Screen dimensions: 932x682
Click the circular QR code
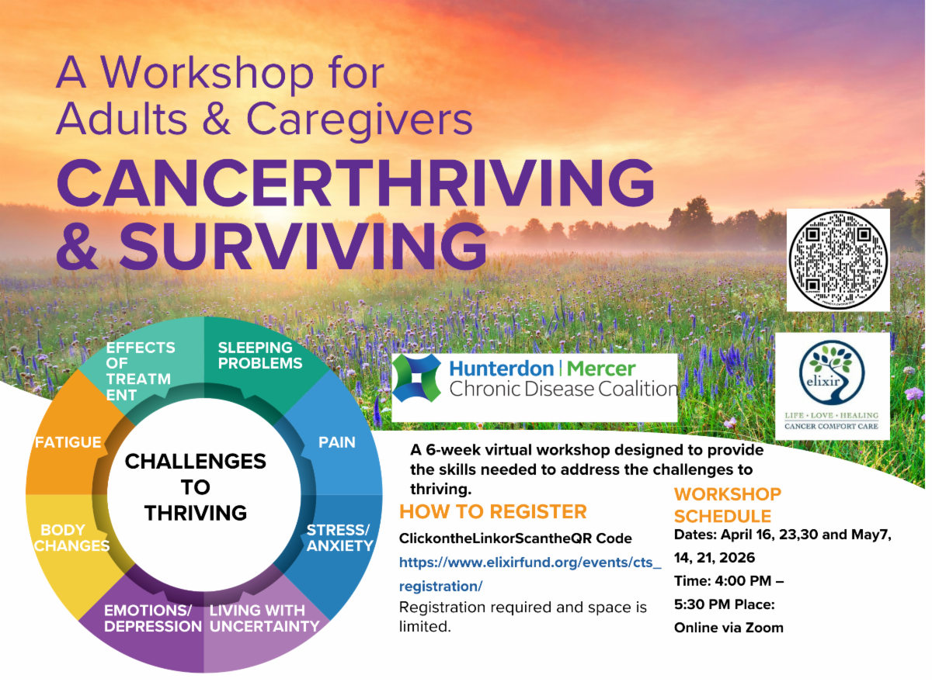(x=838, y=260)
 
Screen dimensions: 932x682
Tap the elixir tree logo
(x=832, y=372)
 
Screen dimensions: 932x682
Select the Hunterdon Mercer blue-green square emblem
(x=416, y=378)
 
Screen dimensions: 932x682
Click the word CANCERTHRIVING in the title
(x=356, y=183)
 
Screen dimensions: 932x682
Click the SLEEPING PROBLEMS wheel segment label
(x=260, y=355)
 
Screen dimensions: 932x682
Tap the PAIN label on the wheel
(x=337, y=442)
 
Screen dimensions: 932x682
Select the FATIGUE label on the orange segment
(x=68, y=442)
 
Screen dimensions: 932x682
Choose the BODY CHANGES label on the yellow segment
(x=71, y=538)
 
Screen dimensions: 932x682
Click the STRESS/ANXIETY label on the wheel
(x=340, y=538)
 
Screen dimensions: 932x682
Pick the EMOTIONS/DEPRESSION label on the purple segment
(x=153, y=618)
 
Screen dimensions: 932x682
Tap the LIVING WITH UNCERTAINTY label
(x=264, y=618)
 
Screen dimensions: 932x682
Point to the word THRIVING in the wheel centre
(x=196, y=513)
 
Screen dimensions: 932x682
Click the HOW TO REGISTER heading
(x=493, y=511)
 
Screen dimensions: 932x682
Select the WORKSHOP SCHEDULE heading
(x=728, y=505)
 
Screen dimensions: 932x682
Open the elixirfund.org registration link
(x=530, y=574)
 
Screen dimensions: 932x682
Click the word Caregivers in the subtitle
(x=360, y=119)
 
